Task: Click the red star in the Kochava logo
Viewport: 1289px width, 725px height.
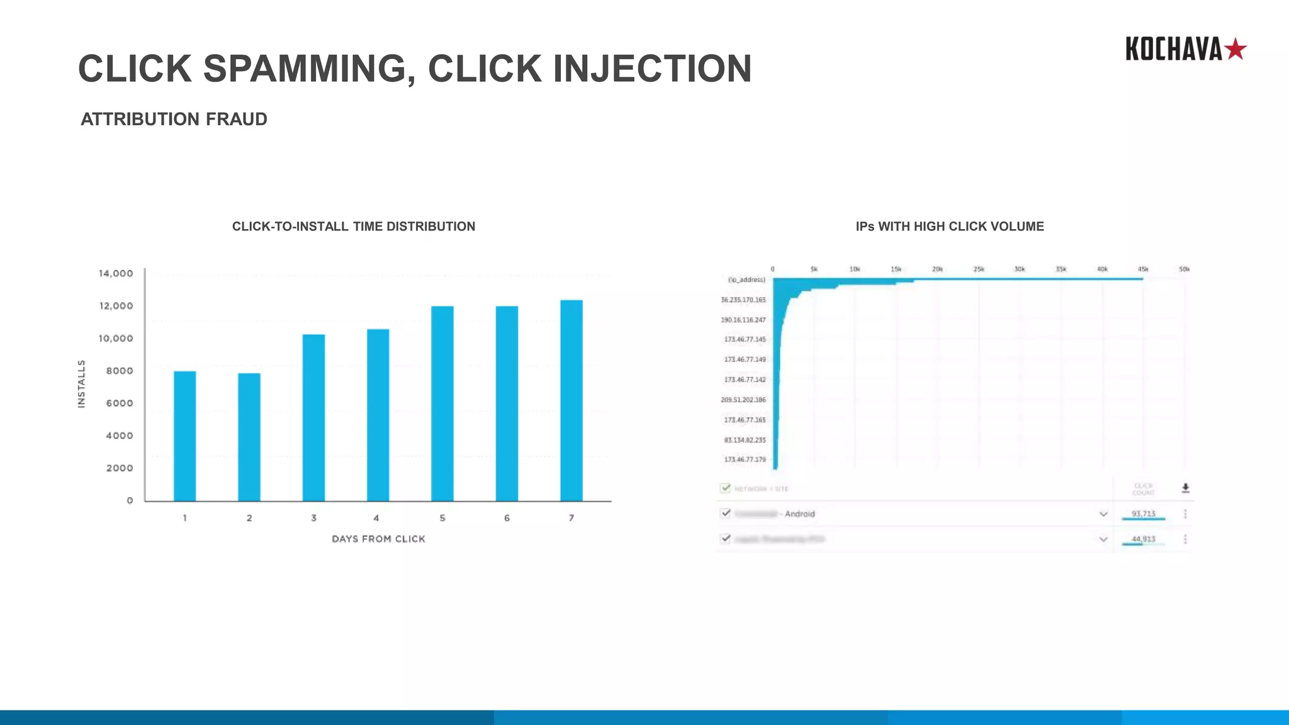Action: tap(1236, 49)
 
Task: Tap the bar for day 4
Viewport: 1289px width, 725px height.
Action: tap(378, 415)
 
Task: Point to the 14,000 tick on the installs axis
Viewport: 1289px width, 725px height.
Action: tap(116, 273)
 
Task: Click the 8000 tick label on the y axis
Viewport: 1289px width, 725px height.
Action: tap(120, 371)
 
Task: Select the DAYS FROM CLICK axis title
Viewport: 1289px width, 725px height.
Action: tap(378, 539)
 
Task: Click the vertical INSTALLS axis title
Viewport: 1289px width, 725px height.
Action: tap(81, 384)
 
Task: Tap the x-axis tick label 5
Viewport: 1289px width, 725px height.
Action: tap(442, 518)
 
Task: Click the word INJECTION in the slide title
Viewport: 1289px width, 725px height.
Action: tap(652, 68)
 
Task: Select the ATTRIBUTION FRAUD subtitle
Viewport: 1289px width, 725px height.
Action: tap(174, 119)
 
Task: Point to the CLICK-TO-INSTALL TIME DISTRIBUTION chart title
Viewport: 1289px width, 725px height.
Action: tap(353, 227)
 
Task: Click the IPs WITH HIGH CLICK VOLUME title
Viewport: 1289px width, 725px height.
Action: tap(949, 227)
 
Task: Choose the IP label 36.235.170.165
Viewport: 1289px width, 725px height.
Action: tap(743, 300)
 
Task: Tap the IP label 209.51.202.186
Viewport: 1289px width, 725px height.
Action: tap(743, 400)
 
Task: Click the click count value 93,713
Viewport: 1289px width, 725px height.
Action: tap(1143, 514)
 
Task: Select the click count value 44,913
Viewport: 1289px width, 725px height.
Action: tap(1143, 539)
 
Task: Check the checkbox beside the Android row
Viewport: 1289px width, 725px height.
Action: tap(726, 514)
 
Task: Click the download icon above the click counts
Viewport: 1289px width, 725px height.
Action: tap(1185, 488)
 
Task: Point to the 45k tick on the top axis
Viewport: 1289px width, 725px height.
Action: tap(1143, 269)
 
